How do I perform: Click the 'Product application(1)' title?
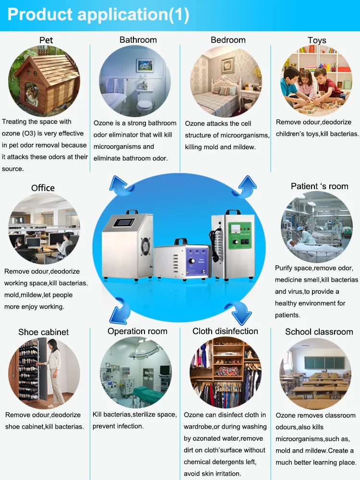(x=98, y=14)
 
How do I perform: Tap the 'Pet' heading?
(x=46, y=40)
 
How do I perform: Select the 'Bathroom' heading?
(x=138, y=40)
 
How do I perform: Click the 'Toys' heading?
(x=317, y=40)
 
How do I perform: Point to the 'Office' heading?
(x=43, y=188)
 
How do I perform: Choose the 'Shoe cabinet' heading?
(x=43, y=332)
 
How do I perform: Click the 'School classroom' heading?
(x=319, y=332)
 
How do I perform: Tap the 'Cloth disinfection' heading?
(x=225, y=331)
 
